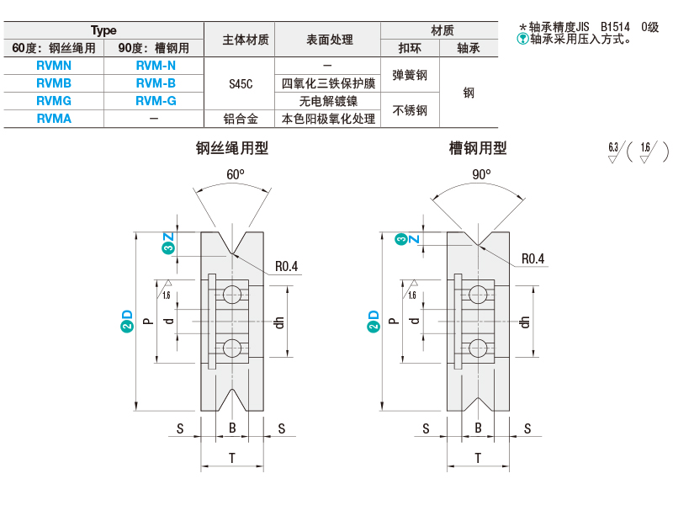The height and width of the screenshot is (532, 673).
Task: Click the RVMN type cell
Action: (x=54, y=66)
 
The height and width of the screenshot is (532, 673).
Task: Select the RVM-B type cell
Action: (x=156, y=83)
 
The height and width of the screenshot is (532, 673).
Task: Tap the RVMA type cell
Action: (x=54, y=119)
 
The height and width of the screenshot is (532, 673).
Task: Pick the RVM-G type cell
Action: (x=156, y=101)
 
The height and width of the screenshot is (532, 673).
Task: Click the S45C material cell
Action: (x=241, y=83)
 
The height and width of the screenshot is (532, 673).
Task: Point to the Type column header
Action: (x=103, y=30)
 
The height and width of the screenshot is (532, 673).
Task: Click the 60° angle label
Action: (x=236, y=174)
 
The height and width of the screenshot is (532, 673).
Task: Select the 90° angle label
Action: (x=481, y=174)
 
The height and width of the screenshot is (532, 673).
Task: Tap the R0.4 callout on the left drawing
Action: (x=286, y=266)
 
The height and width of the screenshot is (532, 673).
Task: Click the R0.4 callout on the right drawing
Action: (x=533, y=258)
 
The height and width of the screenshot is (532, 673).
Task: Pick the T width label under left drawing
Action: (x=232, y=458)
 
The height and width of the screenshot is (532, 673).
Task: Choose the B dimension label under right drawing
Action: (x=478, y=428)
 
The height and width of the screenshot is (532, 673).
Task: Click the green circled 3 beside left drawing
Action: (x=167, y=247)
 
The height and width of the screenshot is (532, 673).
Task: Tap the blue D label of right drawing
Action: (x=374, y=315)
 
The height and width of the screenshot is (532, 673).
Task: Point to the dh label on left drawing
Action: (x=279, y=322)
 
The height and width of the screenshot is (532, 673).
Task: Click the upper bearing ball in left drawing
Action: (x=232, y=294)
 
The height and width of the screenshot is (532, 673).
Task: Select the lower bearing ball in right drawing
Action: (x=478, y=348)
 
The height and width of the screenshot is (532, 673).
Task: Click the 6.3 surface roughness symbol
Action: (x=614, y=152)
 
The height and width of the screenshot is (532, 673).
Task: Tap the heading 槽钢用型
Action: (x=478, y=148)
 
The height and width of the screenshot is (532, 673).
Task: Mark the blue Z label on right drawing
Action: (x=414, y=239)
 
